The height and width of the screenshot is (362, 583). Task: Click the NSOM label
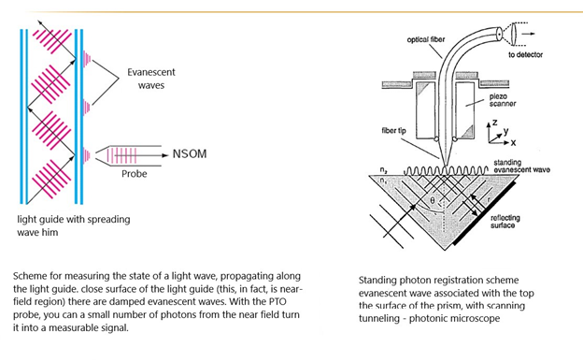(190, 153)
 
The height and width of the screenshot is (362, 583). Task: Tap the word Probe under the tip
(135, 174)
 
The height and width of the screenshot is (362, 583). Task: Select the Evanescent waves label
(151, 79)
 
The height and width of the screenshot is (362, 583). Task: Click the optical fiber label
(426, 39)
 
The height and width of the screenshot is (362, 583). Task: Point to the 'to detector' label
(525, 55)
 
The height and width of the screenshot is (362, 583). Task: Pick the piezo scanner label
(503, 100)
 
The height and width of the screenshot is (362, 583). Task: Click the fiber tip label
(393, 130)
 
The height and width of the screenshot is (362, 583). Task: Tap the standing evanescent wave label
(521, 167)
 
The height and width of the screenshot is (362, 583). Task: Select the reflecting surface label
(505, 222)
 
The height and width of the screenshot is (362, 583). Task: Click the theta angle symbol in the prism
(432, 200)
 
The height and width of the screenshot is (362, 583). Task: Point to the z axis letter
(494, 123)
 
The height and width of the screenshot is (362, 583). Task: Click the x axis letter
(513, 142)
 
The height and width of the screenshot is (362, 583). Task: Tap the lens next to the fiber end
(514, 34)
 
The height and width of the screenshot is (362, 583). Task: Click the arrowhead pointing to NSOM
(165, 155)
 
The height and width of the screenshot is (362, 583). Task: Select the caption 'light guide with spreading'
(74, 220)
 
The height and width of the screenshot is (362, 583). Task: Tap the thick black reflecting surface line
(484, 212)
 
